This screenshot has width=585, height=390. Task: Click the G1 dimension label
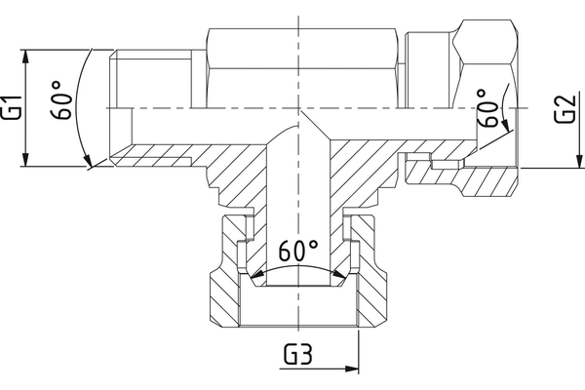(13, 107)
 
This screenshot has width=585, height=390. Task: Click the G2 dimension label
(563, 107)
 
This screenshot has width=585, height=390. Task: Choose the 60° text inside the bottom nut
(298, 252)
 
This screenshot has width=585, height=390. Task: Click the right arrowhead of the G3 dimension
(355, 370)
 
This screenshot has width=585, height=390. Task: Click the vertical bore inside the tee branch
(297, 195)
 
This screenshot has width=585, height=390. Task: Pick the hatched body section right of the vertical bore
(366, 161)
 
